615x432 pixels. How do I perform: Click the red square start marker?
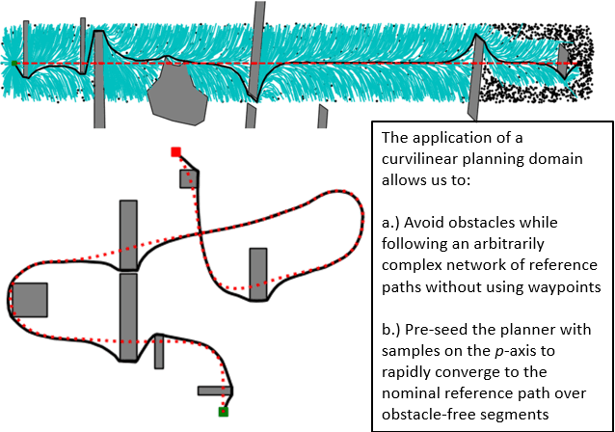pyautogui.click(x=175, y=151)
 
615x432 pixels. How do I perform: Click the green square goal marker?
pyautogui.click(x=223, y=412)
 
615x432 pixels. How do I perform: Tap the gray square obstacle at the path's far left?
pyautogui.click(x=30, y=300)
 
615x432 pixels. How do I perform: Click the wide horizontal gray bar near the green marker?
pyautogui.click(x=213, y=391)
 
